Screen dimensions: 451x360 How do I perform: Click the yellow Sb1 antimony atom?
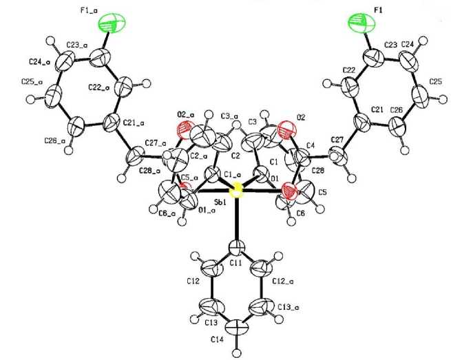[x=236, y=191]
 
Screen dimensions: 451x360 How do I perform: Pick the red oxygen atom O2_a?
[x=185, y=127]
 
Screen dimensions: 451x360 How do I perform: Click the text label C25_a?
[x=34, y=82]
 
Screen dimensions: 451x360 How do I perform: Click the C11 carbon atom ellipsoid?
[x=236, y=244]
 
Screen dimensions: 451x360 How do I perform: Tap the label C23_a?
[x=76, y=45]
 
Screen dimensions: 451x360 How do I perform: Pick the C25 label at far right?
[x=435, y=81]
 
